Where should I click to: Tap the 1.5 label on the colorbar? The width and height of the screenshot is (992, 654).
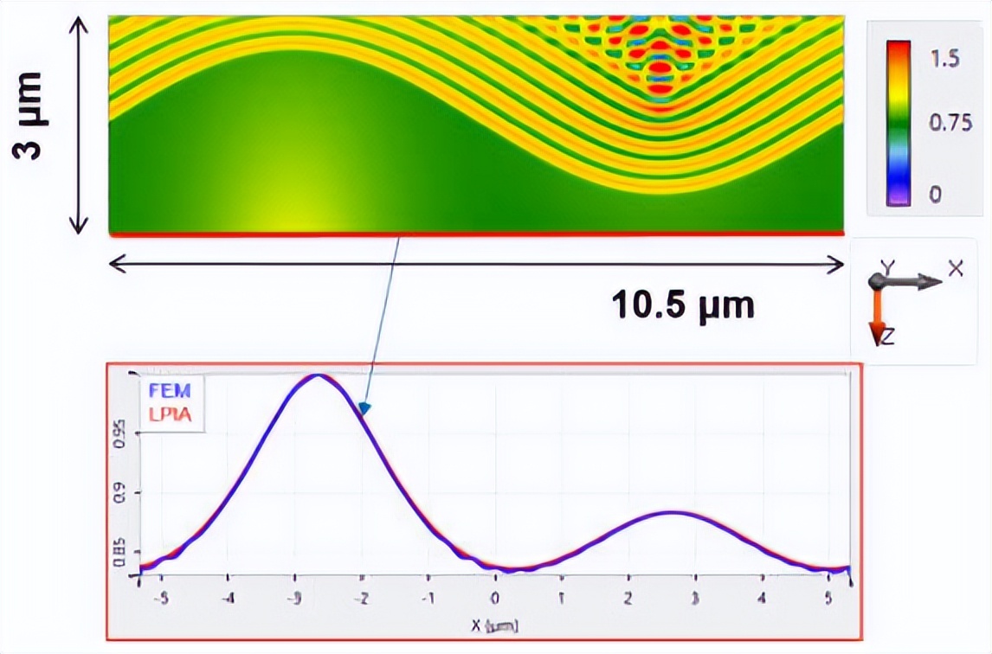tap(944, 60)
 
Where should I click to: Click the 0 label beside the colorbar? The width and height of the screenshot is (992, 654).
tap(935, 194)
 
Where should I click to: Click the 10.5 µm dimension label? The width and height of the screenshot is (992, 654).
tap(683, 305)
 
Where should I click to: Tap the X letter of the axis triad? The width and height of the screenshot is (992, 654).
tap(955, 269)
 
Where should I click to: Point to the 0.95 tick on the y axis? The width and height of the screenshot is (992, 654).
tap(121, 427)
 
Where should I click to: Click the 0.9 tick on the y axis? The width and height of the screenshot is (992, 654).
tap(121, 495)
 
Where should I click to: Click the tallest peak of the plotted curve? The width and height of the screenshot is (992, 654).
tap(319, 375)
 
